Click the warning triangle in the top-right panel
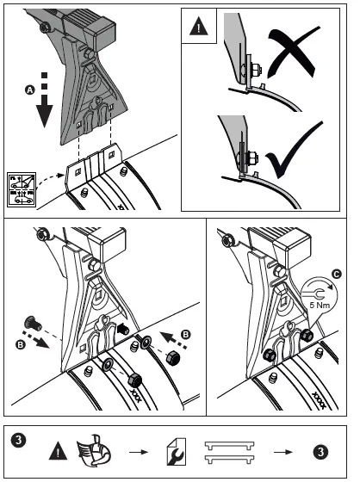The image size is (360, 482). (x=199, y=25)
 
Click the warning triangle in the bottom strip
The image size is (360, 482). (x=57, y=448)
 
